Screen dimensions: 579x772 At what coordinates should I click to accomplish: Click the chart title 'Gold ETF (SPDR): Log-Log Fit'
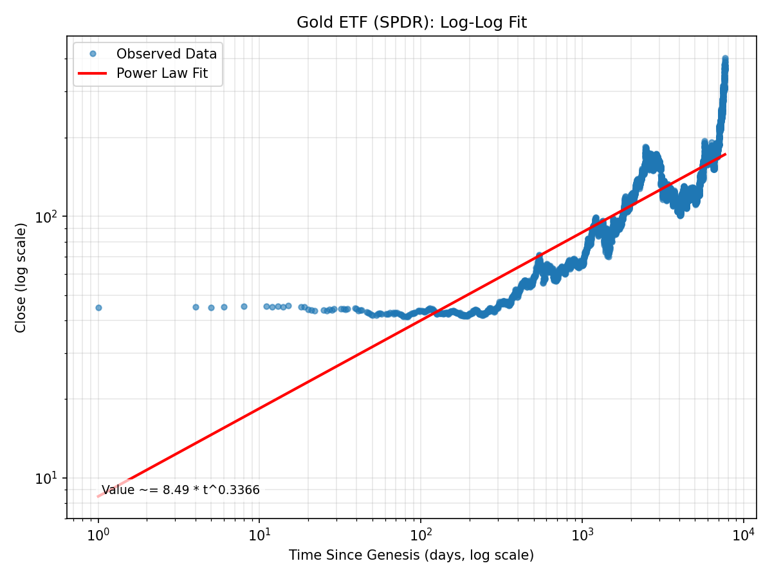tap(411, 23)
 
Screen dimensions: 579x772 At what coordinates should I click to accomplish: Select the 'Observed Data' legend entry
tap(166, 54)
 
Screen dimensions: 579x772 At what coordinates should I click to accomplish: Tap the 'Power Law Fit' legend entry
tap(161, 73)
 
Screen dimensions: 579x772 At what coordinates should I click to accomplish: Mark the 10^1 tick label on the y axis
tap(49, 479)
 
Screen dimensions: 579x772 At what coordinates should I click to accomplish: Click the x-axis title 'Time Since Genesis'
tap(411, 555)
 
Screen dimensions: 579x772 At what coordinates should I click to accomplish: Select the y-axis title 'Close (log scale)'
tap(21, 277)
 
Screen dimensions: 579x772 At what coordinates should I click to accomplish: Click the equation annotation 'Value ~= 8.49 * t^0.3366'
tap(181, 490)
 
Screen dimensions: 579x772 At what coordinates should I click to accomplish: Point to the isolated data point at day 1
tap(98, 308)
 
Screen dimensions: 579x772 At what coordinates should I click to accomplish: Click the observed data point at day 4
tap(196, 307)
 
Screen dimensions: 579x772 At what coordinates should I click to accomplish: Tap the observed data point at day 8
tap(244, 306)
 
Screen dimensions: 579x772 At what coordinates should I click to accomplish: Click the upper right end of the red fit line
tap(725, 154)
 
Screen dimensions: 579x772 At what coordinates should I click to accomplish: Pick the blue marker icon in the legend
tap(93, 54)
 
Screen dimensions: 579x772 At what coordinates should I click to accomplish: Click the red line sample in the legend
tap(93, 73)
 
